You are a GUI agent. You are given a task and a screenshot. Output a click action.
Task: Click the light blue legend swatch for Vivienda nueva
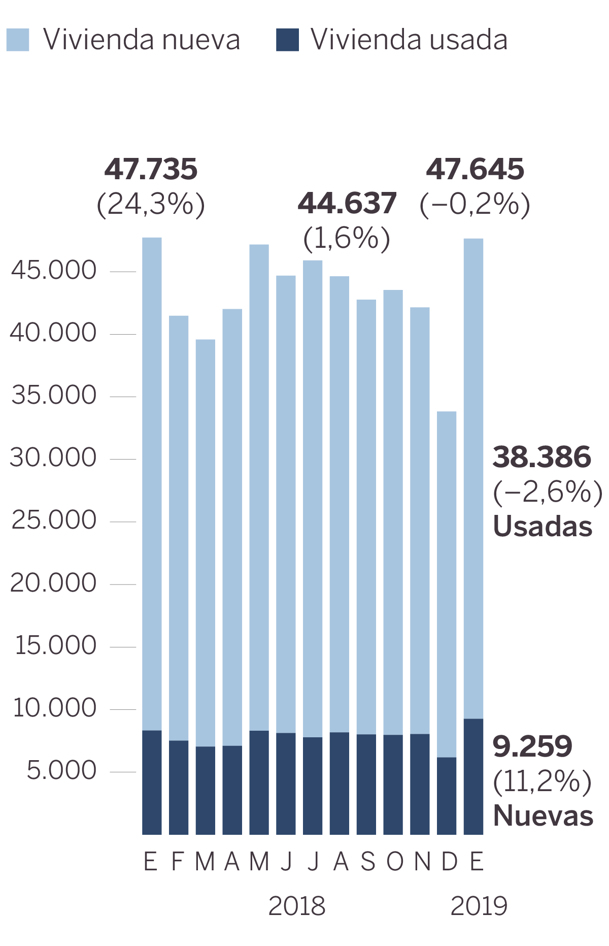tap(18, 40)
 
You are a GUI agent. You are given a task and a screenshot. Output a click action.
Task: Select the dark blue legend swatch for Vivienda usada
tap(287, 40)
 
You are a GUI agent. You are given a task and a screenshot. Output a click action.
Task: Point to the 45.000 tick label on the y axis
tap(53, 270)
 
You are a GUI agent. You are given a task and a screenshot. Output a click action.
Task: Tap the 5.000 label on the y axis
tap(61, 770)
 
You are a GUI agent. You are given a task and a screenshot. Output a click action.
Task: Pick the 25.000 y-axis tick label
tap(54, 520)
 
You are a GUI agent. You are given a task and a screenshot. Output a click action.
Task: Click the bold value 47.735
tap(151, 170)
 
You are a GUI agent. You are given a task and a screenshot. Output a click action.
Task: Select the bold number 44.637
tap(347, 203)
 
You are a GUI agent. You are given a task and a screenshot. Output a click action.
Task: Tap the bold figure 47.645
tap(475, 170)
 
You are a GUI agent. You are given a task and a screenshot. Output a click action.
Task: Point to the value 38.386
tap(542, 457)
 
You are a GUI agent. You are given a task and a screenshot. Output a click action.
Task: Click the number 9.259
tap(532, 746)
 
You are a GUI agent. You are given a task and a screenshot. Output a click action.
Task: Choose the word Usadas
tap(543, 527)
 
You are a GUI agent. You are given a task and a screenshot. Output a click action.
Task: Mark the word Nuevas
tap(543, 816)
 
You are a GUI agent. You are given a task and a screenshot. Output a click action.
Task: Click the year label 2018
tap(296, 906)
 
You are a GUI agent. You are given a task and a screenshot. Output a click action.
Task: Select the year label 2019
tap(479, 906)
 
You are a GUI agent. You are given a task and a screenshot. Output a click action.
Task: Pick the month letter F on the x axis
tap(177, 862)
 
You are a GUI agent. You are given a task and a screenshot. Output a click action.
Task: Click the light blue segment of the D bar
tap(447, 584)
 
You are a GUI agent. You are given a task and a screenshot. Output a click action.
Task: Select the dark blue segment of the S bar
tap(366, 784)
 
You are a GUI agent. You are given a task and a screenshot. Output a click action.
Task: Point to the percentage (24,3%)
tap(151, 204)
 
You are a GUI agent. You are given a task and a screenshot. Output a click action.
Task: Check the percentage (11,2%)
tap(542, 781)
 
